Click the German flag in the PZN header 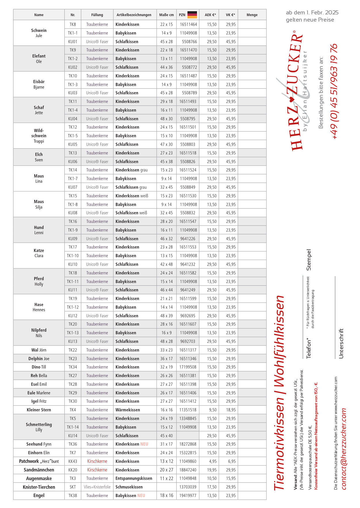[192, 15]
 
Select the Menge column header [252, 15]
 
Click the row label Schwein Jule [39, 33]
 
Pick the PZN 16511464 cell [188, 24]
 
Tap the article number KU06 [73, 162]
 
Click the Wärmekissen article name [128, 410]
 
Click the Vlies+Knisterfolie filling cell [97, 487]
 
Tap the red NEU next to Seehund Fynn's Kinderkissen [144, 444]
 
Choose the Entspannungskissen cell [134, 478]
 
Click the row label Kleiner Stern [39, 410]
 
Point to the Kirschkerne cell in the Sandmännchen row [97, 470]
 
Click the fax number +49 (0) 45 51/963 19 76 [334, 91]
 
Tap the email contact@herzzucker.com [344, 449]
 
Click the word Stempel [309, 260]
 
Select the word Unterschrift [341, 343]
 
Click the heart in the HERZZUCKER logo [292, 100]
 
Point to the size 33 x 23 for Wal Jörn [166, 350]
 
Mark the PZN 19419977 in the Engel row [188, 496]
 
